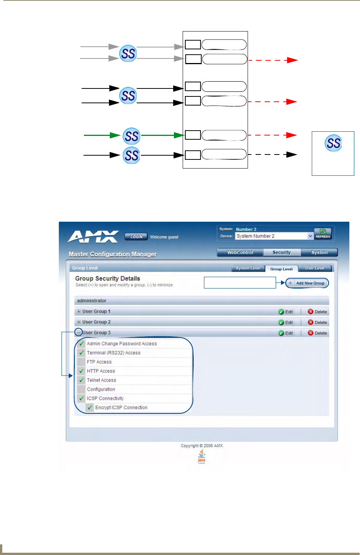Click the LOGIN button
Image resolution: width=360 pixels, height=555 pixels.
[x=136, y=237]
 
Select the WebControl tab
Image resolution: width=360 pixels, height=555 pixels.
[x=240, y=252]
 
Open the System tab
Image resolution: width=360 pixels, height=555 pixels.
[x=319, y=252]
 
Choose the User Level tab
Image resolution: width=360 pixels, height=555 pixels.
[x=315, y=268]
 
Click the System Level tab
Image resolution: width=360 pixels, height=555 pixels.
[x=248, y=268]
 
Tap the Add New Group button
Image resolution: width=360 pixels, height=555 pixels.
[x=307, y=283]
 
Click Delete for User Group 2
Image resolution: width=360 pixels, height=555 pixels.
[x=317, y=322]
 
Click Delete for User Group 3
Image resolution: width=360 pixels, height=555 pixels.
[x=317, y=333]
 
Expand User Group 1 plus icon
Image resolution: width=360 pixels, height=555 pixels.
[x=79, y=311]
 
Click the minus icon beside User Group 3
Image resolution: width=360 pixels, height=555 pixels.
[x=79, y=333]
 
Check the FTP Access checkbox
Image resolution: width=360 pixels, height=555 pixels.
[x=81, y=362]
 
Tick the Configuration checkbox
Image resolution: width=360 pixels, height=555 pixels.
[x=81, y=389]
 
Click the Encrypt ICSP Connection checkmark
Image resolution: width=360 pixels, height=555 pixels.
[x=90, y=408]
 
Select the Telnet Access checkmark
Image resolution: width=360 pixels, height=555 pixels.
[x=81, y=380]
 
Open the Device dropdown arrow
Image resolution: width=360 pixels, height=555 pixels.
[x=310, y=236]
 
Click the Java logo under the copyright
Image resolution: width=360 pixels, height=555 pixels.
[x=202, y=456]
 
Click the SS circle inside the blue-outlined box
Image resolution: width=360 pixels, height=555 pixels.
[x=333, y=143]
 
